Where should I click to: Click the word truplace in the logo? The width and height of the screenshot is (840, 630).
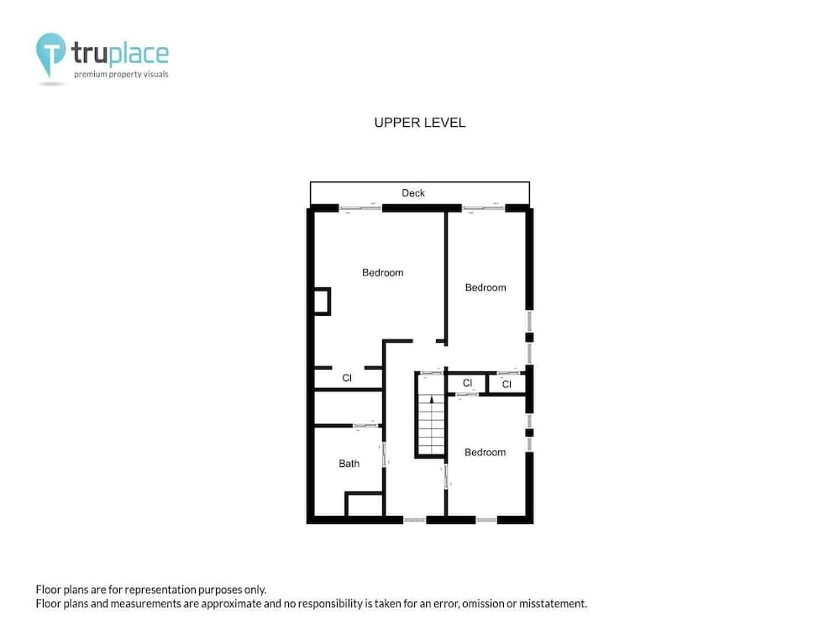click(x=119, y=54)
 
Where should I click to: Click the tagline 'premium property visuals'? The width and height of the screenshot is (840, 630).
click(x=121, y=75)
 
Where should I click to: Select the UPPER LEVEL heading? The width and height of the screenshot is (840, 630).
click(x=419, y=123)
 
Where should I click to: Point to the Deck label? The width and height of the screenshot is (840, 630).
click(x=413, y=193)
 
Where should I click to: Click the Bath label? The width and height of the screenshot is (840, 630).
click(x=349, y=464)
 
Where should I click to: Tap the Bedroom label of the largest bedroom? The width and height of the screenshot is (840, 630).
click(x=382, y=272)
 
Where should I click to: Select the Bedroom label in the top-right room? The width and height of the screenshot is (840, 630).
click(x=486, y=287)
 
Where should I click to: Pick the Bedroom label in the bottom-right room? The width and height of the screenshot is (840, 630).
click(x=485, y=453)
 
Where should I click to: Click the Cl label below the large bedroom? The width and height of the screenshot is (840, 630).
click(x=346, y=379)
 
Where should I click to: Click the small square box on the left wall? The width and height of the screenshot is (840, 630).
click(x=321, y=301)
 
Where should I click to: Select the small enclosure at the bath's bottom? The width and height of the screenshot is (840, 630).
click(x=364, y=505)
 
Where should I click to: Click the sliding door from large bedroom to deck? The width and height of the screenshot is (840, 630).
click(x=360, y=207)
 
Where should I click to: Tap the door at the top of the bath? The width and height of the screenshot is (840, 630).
click(x=365, y=426)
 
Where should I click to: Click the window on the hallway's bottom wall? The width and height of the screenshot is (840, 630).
click(x=415, y=520)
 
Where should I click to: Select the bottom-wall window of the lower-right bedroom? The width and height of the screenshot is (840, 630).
click(x=486, y=520)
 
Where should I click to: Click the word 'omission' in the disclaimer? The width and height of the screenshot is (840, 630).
click(x=454, y=604)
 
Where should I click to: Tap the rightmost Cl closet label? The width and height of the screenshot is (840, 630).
click(x=507, y=384)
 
